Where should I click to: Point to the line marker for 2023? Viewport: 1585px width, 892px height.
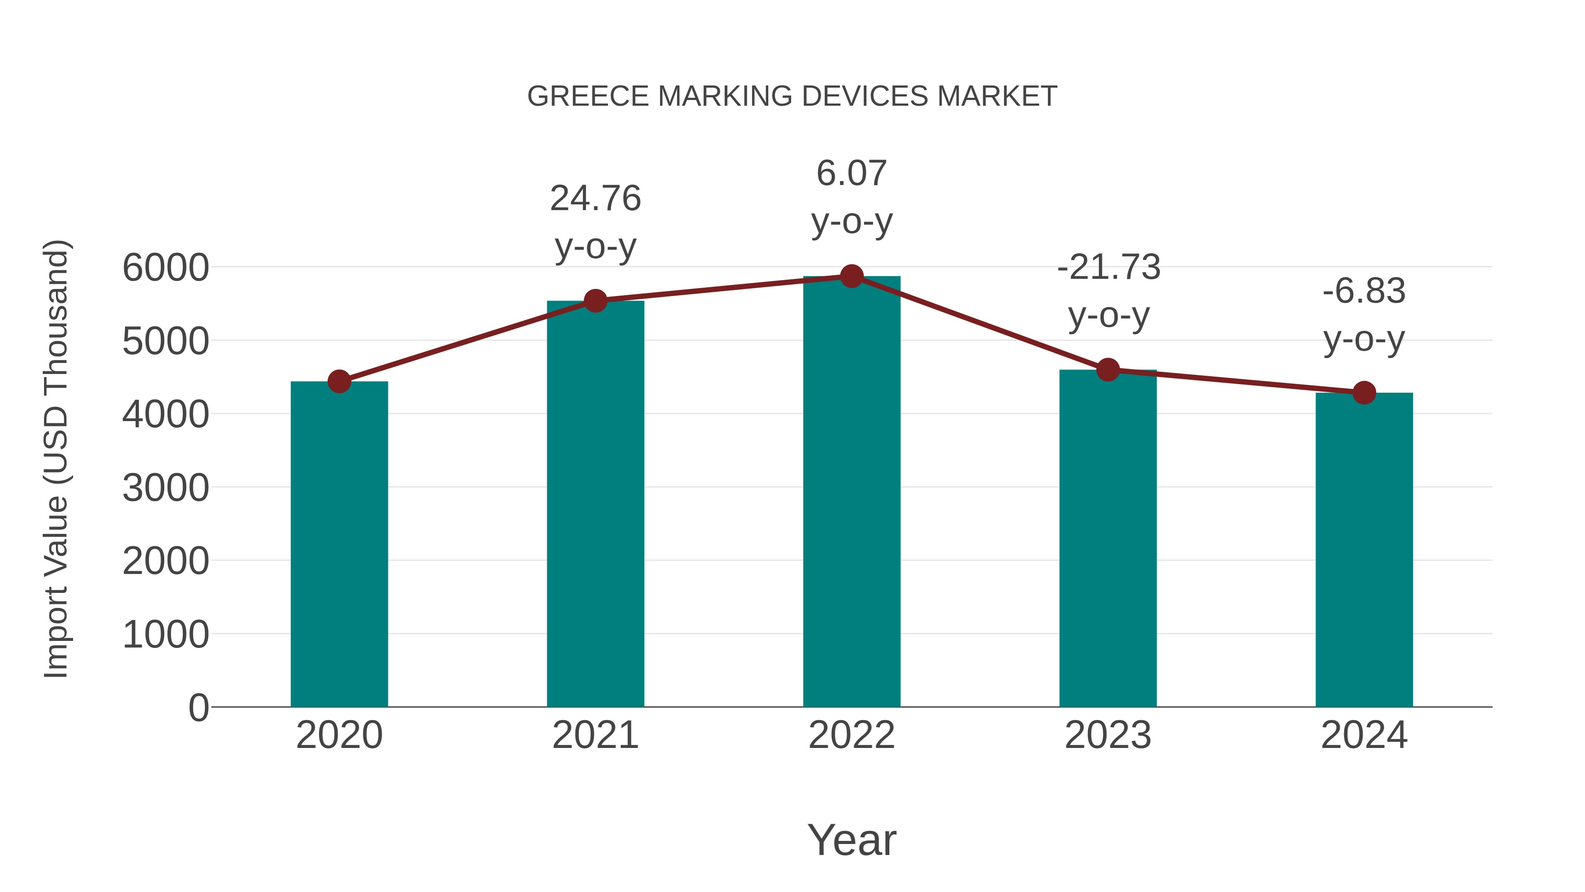1108,370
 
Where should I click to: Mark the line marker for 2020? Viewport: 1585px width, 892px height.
339,381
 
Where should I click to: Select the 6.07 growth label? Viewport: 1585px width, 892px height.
851,173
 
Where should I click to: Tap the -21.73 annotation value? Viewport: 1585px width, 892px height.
1109,268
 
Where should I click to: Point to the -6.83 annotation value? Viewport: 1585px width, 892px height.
1364,291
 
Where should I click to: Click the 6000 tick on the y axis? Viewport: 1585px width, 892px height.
166,268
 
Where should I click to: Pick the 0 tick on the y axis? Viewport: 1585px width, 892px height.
199,707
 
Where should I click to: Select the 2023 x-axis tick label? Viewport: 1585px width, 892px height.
1108,735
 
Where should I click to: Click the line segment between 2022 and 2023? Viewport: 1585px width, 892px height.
980,323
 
